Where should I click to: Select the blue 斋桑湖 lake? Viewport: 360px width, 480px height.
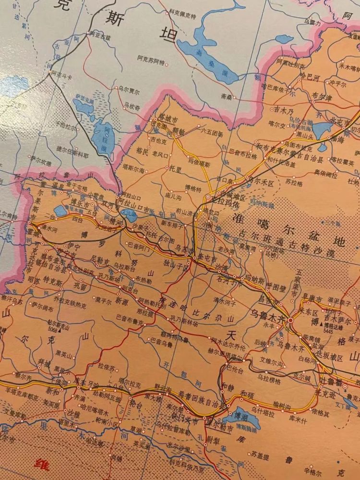tap(211, 55)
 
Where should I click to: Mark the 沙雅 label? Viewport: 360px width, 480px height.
tap(72, 412)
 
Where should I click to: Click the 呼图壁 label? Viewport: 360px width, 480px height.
tap(276, 286)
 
